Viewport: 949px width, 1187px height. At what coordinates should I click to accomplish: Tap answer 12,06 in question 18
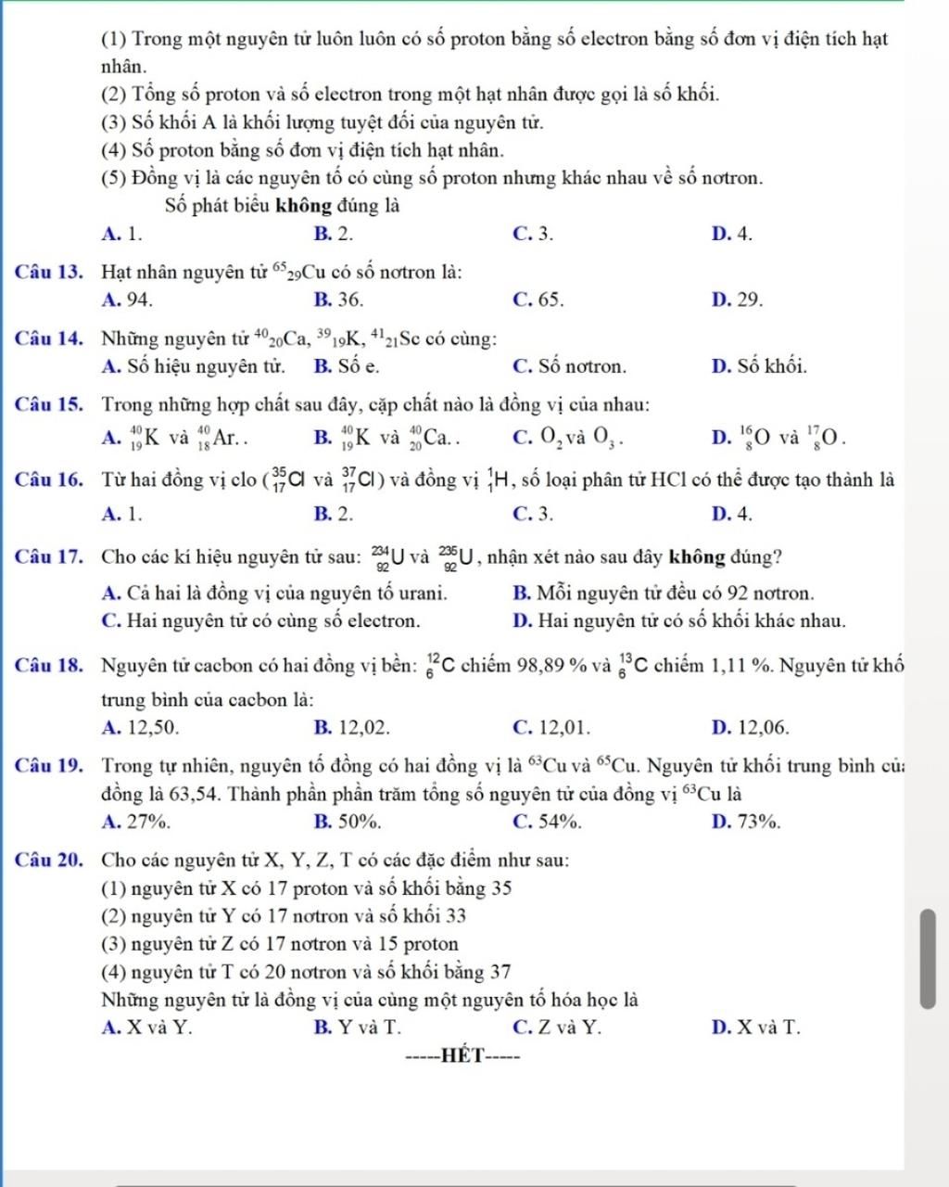click(x=751, y=727)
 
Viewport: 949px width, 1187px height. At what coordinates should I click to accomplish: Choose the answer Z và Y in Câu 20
click(x=556, y=1027)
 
